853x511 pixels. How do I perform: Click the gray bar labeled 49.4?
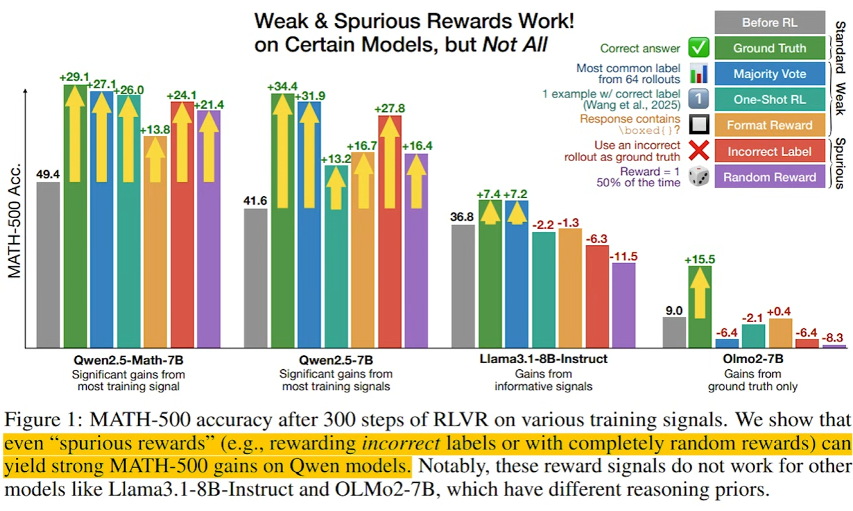tap(48, 264)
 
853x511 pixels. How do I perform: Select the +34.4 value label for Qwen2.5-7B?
tap(282, 86)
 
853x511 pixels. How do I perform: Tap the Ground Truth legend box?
tap(769, 48)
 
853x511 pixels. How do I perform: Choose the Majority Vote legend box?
tap(769, 74)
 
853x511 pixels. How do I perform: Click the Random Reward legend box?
tap(769, 177)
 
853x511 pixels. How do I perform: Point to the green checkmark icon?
tap(699, 48)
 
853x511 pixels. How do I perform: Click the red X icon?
tap(699, 151)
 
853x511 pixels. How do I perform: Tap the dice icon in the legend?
tap(699, 176)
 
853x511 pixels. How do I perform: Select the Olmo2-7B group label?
tap(752, 359)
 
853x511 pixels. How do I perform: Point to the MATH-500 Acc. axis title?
tap(15, 218)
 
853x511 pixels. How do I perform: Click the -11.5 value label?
tap(623, 256)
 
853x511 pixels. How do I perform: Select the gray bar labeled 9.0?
tap(674, 332)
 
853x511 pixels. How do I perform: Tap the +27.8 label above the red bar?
tap(390, 109)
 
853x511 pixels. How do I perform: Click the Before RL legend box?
tap(769, 23)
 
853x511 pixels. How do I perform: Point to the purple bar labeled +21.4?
tap(208, 229)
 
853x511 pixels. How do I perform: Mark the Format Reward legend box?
tap(769, 125)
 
